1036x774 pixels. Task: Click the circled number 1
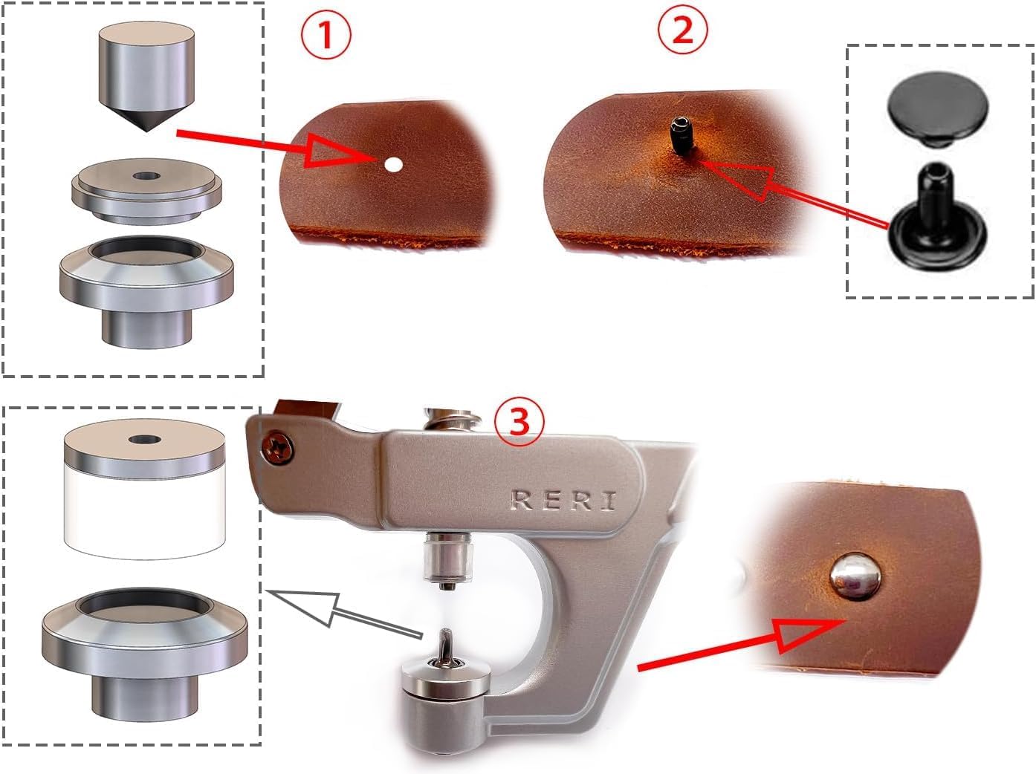(326, 36)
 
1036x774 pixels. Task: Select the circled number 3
(519, 423)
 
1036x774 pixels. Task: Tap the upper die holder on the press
(449, 559)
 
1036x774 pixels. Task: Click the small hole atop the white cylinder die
(143, 440)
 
